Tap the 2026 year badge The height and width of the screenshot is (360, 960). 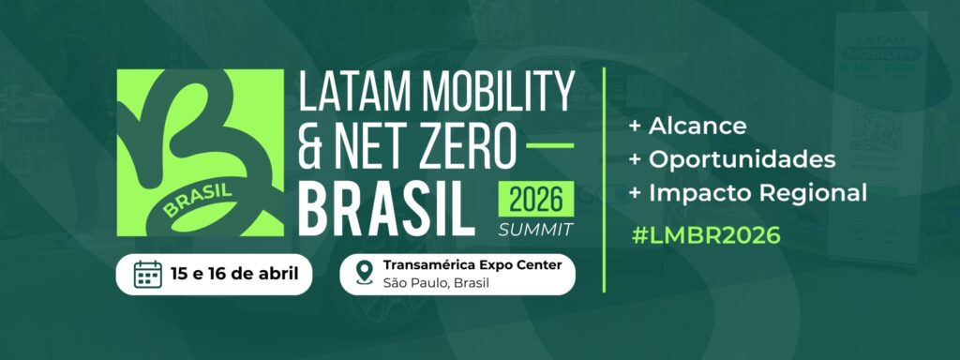(535, 200)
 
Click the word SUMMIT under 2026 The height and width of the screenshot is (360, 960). (535, 228)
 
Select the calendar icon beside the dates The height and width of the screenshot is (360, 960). (148, 274)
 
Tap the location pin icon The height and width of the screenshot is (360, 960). (366, 274)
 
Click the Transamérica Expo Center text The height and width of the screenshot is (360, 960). (472, 264)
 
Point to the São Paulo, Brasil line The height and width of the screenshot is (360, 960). (437, 283)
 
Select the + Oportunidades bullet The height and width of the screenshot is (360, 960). (732, 158)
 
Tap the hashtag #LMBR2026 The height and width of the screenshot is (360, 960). (705, 235)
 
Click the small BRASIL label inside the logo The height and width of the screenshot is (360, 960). (197, 201)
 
